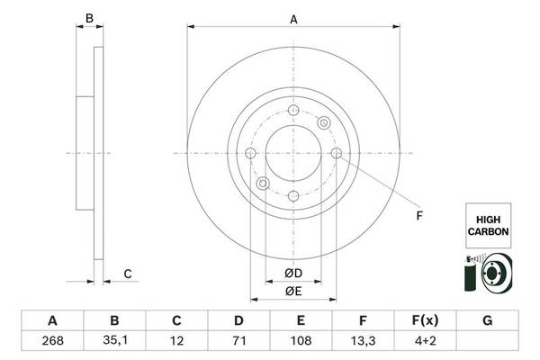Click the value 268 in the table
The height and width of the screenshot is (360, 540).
[53, 341]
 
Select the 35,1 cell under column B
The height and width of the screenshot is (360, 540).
[115, 340]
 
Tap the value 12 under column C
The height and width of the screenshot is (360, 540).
[176, 341]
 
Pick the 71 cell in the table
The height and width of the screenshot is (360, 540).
[239, 341]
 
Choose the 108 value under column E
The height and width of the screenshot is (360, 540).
[301, 341]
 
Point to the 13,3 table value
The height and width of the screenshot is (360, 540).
[363, 341]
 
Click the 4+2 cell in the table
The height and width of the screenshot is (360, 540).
[426, 341]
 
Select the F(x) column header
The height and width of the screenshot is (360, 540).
[426, 320]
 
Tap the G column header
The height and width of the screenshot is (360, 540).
[487, 320]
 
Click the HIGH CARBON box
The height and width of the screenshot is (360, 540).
[489, 226]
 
